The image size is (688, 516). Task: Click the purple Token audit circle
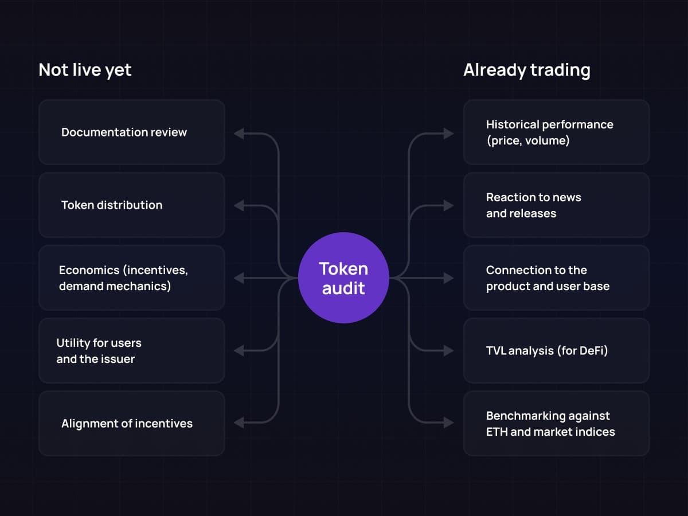click(343, 277)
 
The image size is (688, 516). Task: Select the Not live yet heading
click(85, 70)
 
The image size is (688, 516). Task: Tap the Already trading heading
click(526, 70)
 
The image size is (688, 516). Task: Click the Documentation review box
click(131, 132)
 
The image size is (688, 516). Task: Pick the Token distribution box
click(131, 205)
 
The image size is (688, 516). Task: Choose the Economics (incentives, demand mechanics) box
click(131, 278)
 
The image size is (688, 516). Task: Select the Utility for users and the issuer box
click(131, 351)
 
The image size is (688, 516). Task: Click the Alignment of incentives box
click(131, 424)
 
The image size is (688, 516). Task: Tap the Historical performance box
click(556, 132)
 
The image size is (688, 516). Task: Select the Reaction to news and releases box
click(556, 205)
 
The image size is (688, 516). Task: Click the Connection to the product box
click(556, 278)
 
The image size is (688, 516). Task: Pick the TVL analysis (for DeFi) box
click(556, 351)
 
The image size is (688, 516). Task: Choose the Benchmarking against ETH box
click(556, 424)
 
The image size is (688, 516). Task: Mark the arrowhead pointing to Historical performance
click(448, 134)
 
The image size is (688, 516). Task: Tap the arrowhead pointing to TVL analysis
click(448, 350)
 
